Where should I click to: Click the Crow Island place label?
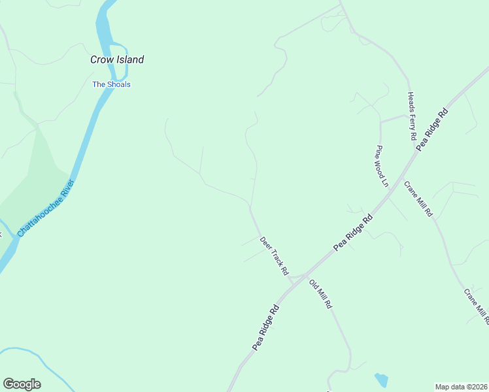tap(117, 59)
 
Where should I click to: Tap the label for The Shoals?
tap(111, 84)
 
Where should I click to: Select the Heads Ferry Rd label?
tap(412, 116)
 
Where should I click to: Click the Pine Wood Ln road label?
tap(382, 166)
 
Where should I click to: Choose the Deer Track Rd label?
tap(275, 255)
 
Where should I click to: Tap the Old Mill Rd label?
tap(321, 295)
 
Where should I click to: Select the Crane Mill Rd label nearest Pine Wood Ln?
tap(418, 199)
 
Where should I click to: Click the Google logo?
tap(22, 384)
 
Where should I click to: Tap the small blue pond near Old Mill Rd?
tap(381, 380)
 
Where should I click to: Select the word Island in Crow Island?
tap(131, 59)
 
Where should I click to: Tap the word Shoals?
tap(120, 84)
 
